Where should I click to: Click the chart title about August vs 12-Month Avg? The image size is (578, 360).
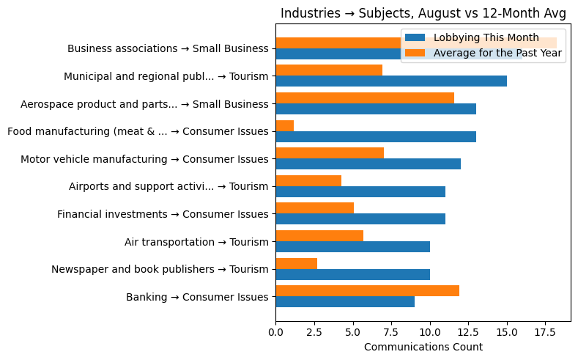pos(423,13)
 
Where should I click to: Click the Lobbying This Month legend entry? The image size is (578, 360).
pos(486,37)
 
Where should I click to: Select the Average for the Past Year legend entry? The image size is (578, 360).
pos(497,53)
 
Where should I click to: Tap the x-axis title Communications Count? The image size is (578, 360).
pos(423,347)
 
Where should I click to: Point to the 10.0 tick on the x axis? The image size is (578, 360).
pos(430,332)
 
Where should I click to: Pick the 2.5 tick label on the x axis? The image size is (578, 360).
pos(314,332)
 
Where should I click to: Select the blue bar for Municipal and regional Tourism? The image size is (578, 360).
pos(391,81)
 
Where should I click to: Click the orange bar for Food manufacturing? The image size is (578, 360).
pos(285,125)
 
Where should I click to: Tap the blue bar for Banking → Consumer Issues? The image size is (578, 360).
pos(345,301)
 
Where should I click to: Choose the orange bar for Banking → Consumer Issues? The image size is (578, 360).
pos(368,290)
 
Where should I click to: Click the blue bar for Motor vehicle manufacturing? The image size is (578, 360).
pos(368,164)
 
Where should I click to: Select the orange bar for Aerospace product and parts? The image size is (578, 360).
pos(365,98)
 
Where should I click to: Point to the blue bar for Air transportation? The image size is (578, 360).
pos(353,246)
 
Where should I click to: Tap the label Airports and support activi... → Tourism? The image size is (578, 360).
pos(168,186)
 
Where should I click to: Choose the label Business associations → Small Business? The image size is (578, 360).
pos(168,48)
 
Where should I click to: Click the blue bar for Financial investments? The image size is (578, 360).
pos(360,218)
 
